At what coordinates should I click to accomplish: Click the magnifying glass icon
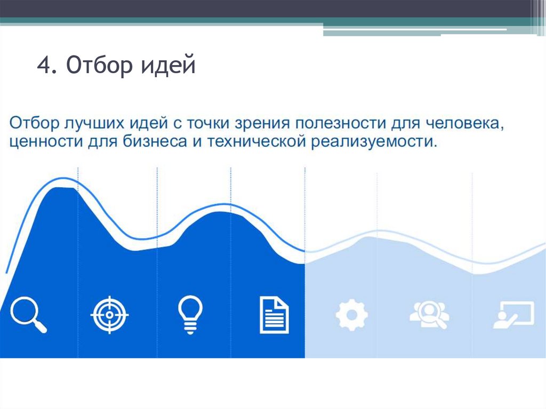tap(28, 314)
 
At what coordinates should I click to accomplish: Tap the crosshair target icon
tap(109, 315)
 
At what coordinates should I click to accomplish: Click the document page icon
tap(274, 315)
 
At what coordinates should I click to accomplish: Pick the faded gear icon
tap(351, 315)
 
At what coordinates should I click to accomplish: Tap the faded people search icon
tap(429, 315)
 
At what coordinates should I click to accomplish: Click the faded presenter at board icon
tap(513, 315)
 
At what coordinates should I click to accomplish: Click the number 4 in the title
tap(44, 68)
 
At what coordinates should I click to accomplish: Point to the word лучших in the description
tap(94, 123)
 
